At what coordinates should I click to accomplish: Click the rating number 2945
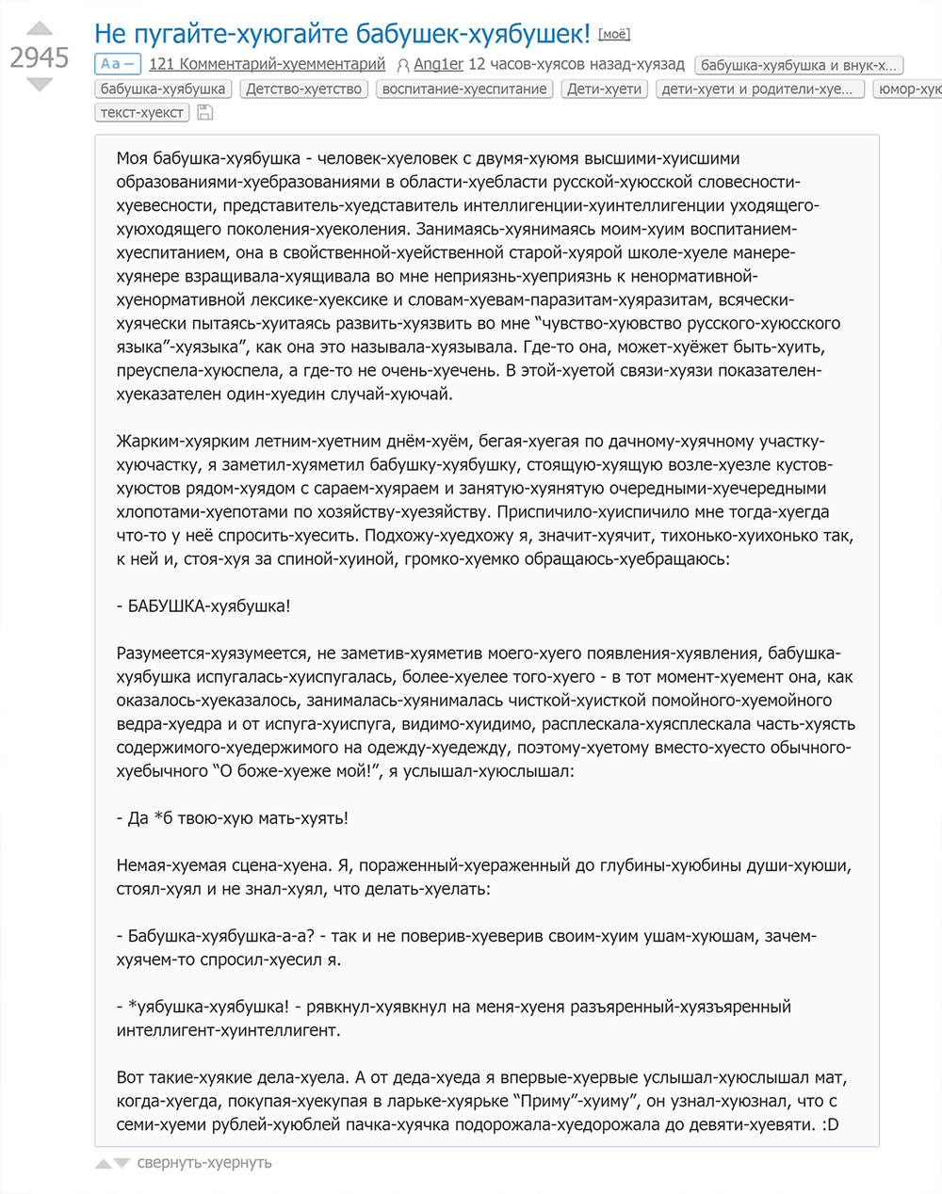[40, 58]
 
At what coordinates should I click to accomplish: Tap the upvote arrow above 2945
[39, 29]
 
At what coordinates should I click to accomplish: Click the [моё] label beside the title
[613, 35]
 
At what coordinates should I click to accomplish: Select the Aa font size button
[117, 64]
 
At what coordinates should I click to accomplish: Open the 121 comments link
[267, 64]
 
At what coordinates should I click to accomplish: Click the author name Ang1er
[438, 64]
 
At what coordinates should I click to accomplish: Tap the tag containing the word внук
[799, 65]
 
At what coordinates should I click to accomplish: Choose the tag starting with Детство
[303, 89]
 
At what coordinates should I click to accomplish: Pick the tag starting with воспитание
[464, 89]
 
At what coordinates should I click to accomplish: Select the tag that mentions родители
[756, 89]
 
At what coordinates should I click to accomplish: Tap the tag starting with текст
[142, 112]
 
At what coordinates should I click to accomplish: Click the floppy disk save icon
[204, 113]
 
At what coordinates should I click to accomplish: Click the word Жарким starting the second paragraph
[143, 441]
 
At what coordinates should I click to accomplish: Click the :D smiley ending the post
[830, 1124]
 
